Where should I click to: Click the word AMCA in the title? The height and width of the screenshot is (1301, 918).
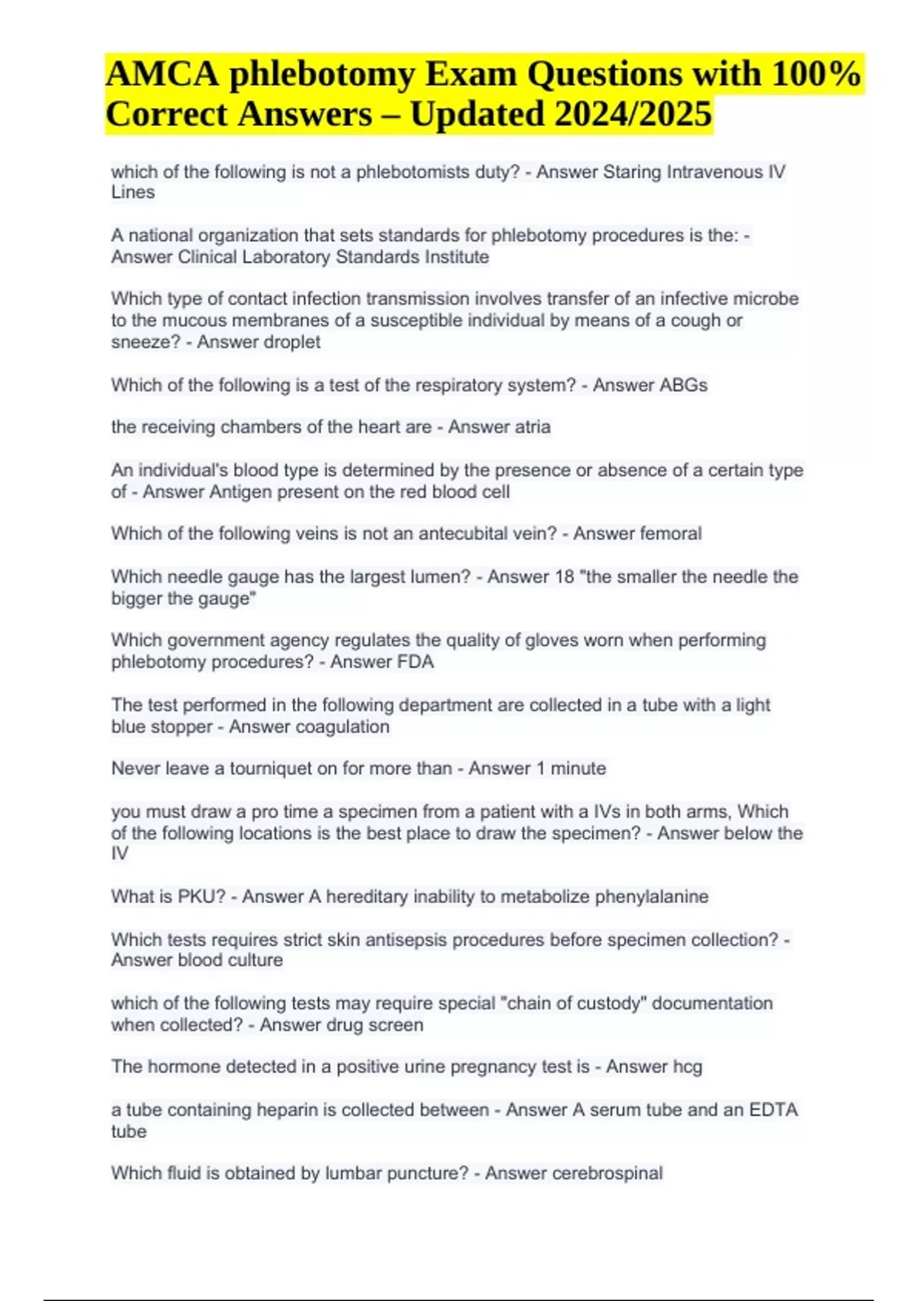point(162,74)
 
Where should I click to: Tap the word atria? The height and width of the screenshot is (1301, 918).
point(532,427)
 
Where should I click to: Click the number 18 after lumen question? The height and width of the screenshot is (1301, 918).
point(564,577)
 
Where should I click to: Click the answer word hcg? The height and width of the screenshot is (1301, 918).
point(686,1067)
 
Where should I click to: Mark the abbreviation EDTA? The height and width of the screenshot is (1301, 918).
point(773,1110)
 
